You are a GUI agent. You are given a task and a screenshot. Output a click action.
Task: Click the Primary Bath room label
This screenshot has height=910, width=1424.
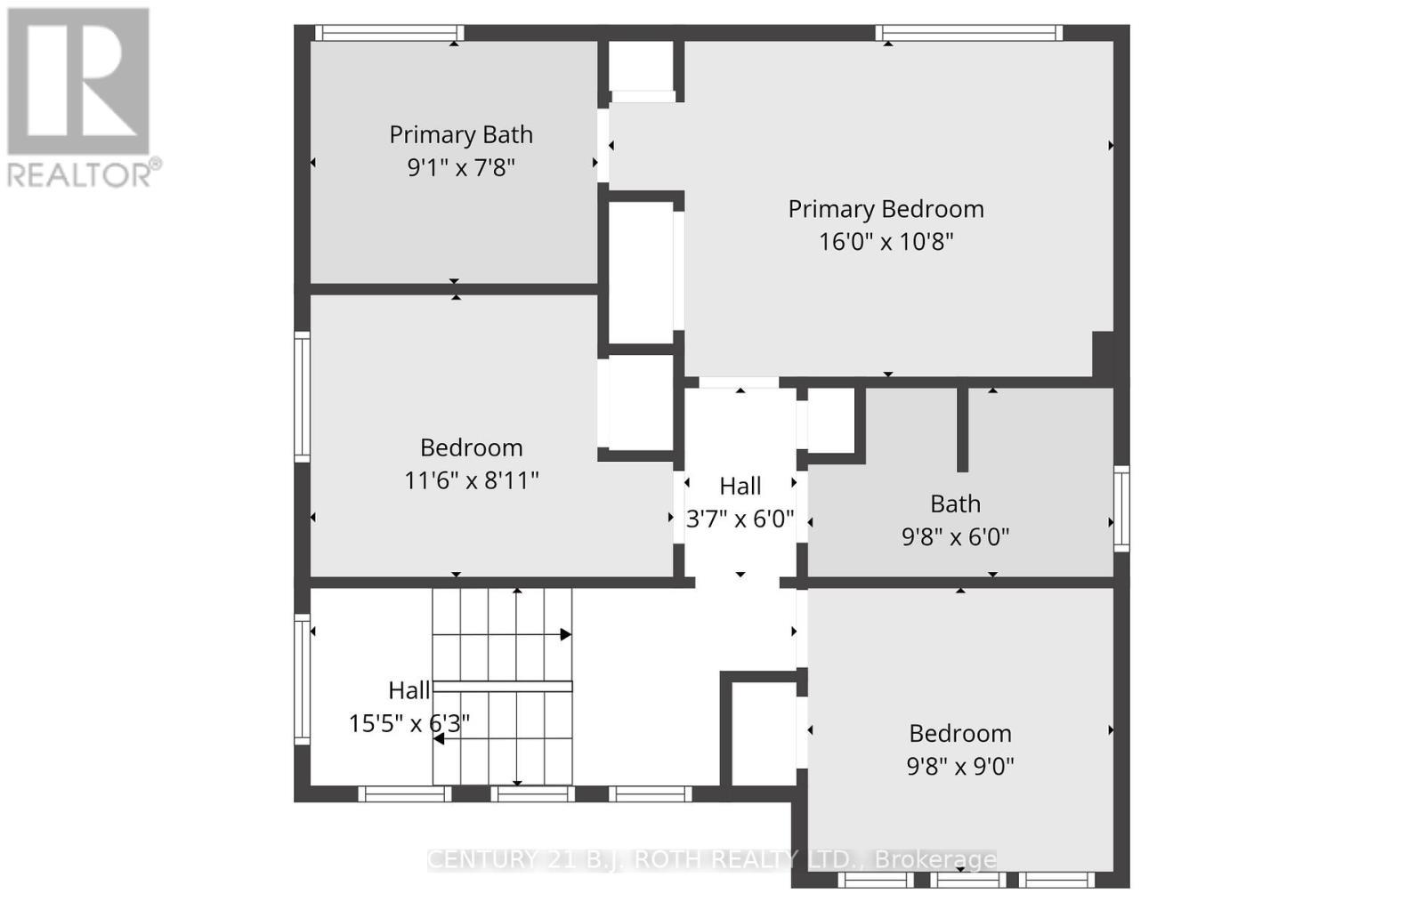(x=461, y=134)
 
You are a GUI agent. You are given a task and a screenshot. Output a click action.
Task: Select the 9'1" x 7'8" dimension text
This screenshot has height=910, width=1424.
(x=461, y=167)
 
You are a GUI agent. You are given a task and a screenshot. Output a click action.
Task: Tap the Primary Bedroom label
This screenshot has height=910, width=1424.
(x=886, y=209)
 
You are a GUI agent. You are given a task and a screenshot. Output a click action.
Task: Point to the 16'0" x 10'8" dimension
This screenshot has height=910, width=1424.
(x=886, y=242)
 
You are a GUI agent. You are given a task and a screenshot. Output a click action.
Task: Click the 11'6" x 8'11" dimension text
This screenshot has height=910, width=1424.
(x=471, y=481)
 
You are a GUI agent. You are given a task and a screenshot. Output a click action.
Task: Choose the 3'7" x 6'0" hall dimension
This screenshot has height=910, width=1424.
(x=740, y=519)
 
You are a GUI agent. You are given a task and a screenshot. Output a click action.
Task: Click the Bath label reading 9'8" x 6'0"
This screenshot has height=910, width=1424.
(x=955, y=504)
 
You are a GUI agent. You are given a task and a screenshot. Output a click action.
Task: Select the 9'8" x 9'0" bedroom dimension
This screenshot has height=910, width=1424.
(x=960, y=766)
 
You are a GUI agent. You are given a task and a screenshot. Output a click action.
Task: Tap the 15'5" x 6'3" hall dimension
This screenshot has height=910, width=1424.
(x=409, y=723)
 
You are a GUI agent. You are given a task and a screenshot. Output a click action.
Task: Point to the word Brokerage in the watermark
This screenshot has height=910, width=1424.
(x=935, y=859)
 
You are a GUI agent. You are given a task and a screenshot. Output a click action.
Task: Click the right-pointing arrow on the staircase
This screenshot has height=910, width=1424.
(x=565, y=634)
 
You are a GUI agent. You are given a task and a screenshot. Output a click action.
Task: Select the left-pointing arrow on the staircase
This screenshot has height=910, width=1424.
(x=439, y=738)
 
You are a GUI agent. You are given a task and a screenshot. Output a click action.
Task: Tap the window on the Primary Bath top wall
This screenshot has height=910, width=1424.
(x=389, y=33)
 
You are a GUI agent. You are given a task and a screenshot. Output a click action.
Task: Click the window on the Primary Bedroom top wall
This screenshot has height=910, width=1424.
(x=969, y=33)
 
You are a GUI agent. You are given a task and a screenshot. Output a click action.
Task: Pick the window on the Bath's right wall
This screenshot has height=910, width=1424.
(x=1122, y=508)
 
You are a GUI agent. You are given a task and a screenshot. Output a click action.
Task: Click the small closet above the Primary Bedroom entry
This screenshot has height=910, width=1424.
(x=641, y=66)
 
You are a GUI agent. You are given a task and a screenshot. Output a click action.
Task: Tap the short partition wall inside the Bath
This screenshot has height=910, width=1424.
(x=962, y=429)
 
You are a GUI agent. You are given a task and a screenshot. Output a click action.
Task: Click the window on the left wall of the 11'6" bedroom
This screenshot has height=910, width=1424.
(x=303, y=396)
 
